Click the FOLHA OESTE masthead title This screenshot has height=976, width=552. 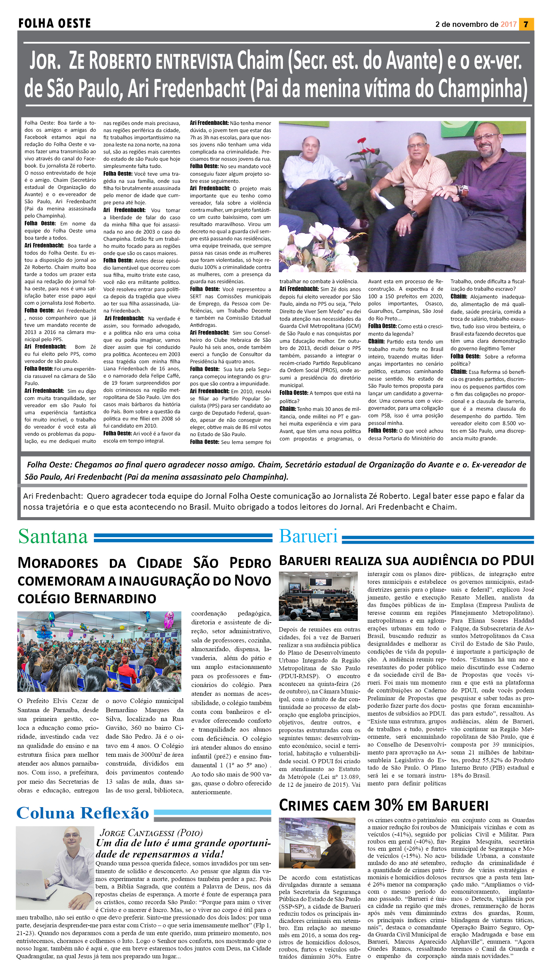[55, 23]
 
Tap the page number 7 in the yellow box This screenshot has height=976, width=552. [526, 24]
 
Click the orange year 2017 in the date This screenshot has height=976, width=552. [508, 24]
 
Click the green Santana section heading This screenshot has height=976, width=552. [53, 537]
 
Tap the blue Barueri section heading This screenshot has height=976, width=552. [308, 536]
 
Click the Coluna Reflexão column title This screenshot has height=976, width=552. [83, 813]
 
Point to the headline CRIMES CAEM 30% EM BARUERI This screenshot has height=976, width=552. [383, 805]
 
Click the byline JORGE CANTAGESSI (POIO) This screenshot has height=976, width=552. [151, 833]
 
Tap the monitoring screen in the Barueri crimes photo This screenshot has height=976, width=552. [303, 855]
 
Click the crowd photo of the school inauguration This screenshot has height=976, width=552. [99, 652]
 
